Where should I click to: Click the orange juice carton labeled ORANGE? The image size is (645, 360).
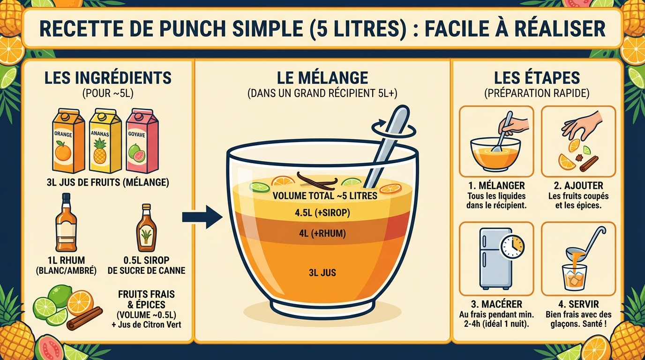pos(68,143)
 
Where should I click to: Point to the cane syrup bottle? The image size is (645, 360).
pos(146,230)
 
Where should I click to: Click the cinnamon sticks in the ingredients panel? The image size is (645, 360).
pos(84,319)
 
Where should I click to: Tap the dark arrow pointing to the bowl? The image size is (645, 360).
pos(202,217)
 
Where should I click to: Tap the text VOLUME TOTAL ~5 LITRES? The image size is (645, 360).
pos(325,196)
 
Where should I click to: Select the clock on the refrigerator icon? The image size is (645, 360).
pos(512,247)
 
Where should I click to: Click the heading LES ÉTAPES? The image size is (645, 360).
pos(537,78)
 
